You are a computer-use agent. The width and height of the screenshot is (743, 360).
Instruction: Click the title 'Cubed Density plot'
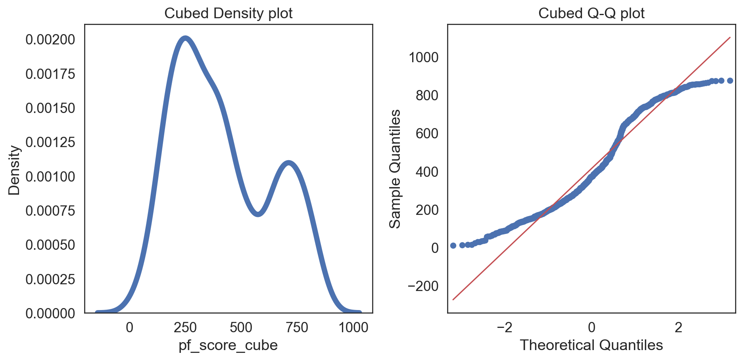(228, 13)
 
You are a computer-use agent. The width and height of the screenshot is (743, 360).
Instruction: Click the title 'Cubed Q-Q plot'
(591, 13)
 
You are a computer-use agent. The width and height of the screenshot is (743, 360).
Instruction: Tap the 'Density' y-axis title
(14, 170)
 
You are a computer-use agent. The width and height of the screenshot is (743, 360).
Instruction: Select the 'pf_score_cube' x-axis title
(228, 345)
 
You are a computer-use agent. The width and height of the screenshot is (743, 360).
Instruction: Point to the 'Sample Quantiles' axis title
(395, 169)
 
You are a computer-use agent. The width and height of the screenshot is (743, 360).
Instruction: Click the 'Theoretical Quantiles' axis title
(591, 345)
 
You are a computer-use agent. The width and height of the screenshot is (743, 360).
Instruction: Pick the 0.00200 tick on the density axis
(50, 40)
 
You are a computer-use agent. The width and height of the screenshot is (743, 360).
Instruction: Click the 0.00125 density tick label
(50, 142)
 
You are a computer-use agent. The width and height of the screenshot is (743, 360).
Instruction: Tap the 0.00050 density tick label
(50, 245)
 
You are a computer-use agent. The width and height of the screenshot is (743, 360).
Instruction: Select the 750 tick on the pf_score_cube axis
(297, 327)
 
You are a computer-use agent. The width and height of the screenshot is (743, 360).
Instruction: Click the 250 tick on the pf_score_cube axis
(185, 327)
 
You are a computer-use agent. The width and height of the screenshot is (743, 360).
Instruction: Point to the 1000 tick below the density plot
(353, 327)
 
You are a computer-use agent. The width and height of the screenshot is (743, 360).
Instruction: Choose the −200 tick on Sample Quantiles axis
(423, 286)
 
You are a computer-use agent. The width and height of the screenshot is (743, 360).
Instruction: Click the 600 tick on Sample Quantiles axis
(427, 134)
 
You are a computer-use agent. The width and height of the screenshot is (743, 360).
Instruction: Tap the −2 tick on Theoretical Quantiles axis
(504, 327)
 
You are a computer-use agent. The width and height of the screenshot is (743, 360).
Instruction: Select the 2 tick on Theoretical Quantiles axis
(678, 327)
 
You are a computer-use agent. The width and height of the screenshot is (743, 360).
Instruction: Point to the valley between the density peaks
(258, 214)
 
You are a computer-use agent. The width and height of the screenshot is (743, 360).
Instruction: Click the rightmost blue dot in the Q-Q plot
(730, 80)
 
